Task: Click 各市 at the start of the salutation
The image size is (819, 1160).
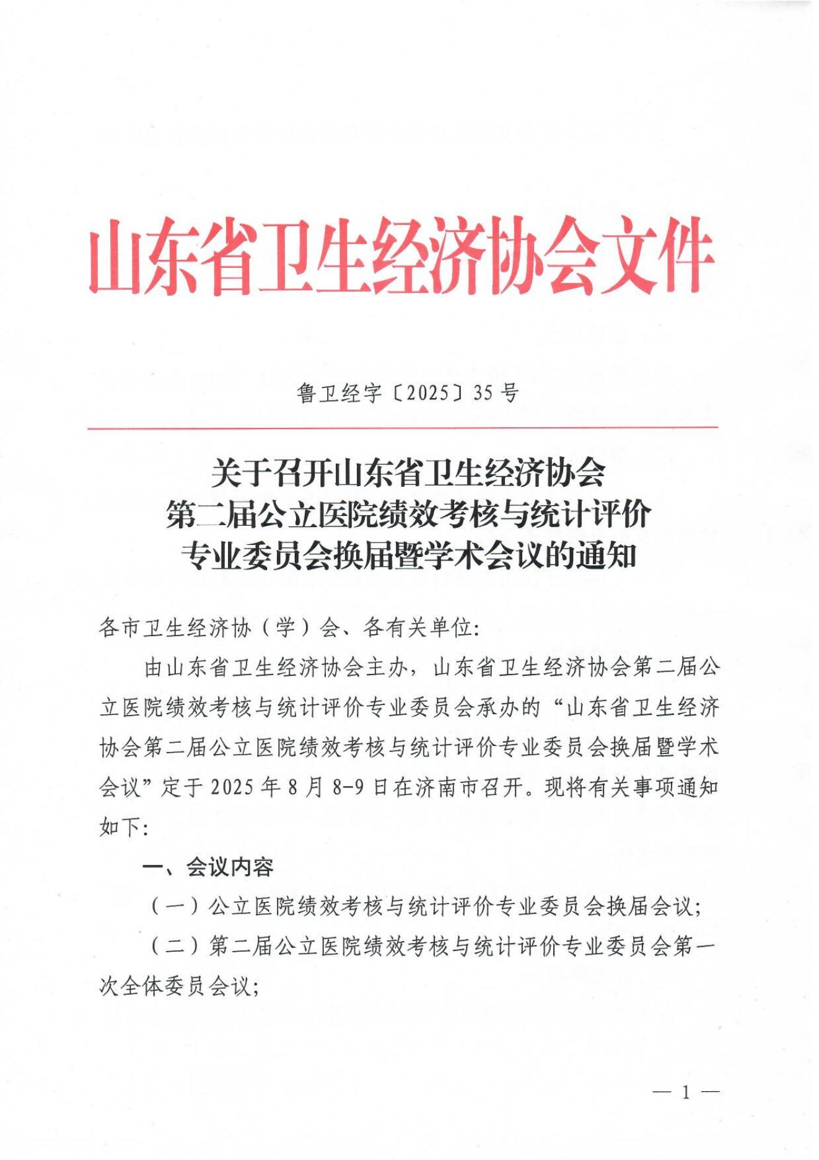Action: pos(120,628)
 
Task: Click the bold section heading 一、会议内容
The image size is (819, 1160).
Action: pos(209,867)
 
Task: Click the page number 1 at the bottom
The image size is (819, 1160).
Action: pos(686,1092)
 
